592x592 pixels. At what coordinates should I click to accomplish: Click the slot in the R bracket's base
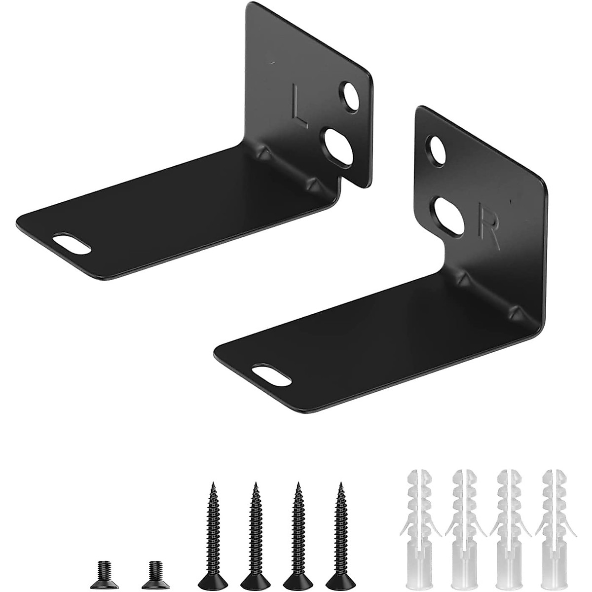click(x=270, y=372)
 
